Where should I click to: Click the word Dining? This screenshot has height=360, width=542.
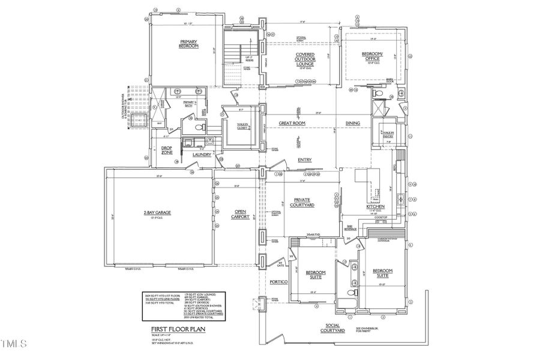point(353,123)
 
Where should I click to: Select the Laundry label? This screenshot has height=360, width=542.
point(202,155)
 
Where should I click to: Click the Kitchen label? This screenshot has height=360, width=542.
point(375,207)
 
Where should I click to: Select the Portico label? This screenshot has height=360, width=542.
point(279,281)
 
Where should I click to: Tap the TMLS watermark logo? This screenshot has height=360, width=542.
point(14,344)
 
